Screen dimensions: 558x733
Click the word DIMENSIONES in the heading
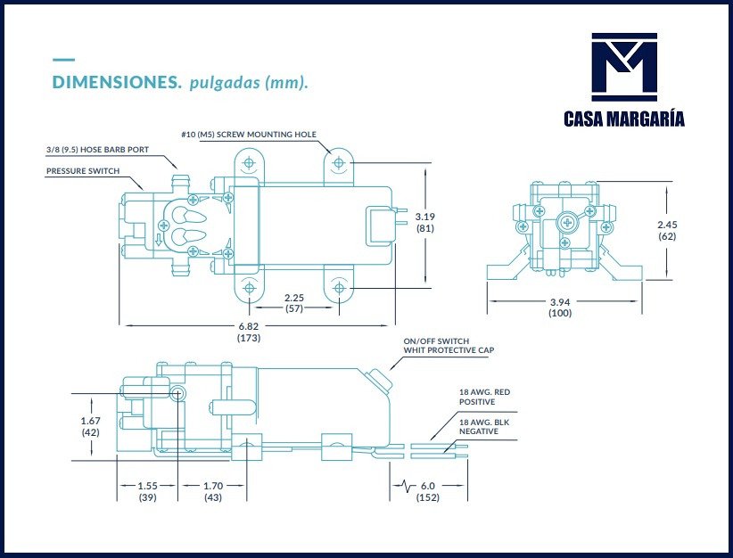[x=117, y=83]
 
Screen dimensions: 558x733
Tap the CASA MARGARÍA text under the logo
[x=624, y=119]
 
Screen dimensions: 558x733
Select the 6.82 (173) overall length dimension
[x=249, y=332]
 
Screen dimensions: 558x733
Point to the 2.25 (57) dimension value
[x=295, y=303]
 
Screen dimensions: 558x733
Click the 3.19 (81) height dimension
[x=425, y=222]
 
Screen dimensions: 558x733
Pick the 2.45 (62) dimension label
[x=667, y=230]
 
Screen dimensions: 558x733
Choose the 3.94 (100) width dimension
[x=560, y=308]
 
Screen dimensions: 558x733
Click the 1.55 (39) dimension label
[x=148, y=491]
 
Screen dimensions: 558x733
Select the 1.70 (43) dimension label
[x=212, y=491]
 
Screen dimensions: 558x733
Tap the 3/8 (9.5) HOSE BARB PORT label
[x=97, y=150]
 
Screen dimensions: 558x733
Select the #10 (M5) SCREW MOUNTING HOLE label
[x=248, y=135]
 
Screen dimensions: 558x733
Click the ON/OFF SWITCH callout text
[x=436, y=341]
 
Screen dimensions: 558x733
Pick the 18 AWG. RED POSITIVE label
[x=483, y=397]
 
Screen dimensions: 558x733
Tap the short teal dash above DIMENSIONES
[x=63, y=61]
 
